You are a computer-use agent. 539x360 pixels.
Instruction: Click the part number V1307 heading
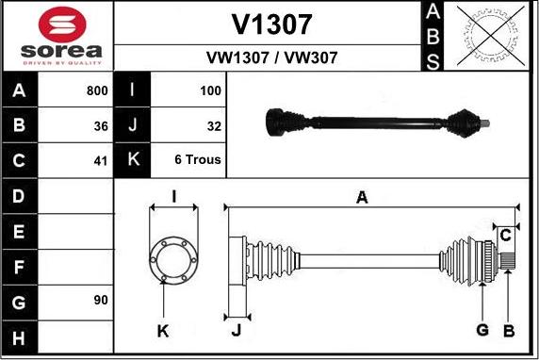tap(271, 24)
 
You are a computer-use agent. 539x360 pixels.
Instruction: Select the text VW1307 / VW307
tap(271, 57)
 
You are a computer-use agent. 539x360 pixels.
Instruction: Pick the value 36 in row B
tap(101, 124)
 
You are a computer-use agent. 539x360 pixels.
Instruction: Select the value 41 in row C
tap(101, 159)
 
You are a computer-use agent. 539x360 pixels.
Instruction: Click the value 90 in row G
tap(101, 300)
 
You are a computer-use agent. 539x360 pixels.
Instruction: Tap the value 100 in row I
tap(210, 91)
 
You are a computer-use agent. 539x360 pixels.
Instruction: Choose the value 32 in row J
tap(214, 124)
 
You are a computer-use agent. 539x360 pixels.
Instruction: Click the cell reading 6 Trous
tap(198, 159)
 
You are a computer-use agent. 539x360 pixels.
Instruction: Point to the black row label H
tap(19, 335)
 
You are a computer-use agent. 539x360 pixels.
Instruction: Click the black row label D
tap(19, 196)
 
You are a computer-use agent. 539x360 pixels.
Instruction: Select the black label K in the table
tap(132, 159)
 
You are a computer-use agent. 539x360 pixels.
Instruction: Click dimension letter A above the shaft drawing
tap(361, 197)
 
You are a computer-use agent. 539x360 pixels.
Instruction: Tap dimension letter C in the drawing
tap(505, 234)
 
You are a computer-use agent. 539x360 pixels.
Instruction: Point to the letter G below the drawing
tap(482, 329)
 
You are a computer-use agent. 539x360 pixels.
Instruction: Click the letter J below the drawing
tap(237, 330)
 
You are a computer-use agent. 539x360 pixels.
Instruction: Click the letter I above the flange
tap(173, 196)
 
